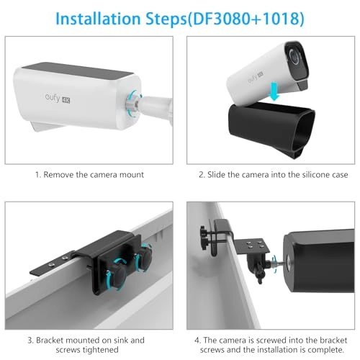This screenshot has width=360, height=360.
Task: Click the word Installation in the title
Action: tap(98, 19)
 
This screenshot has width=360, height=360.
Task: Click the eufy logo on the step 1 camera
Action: tap(52, 97)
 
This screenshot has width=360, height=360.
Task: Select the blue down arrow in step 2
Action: tap(274, 91)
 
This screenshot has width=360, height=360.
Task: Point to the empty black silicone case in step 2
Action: tap(271, 128)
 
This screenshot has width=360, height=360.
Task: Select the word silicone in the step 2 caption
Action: tap(315, 175)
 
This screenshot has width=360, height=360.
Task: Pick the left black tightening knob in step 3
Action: tap(118, 274)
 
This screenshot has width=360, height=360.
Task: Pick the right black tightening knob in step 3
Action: tap(144, 257)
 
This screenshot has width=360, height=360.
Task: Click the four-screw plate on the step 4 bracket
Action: tap(251, 246)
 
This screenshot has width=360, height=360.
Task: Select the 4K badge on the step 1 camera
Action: tap(66, 100)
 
